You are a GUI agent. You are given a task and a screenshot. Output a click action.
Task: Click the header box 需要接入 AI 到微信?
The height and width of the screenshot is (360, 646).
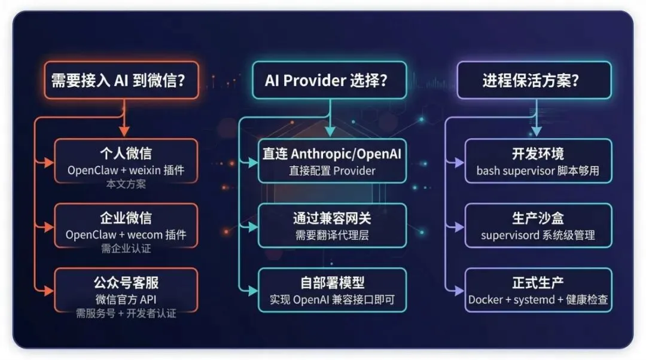(124, 80)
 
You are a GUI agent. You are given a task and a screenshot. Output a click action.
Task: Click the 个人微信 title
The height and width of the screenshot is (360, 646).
(126, 154)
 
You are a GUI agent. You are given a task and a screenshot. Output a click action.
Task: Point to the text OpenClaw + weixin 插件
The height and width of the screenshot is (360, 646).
(126, 170)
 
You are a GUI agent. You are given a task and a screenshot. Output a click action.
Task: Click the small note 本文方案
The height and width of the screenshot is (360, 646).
(126, 184)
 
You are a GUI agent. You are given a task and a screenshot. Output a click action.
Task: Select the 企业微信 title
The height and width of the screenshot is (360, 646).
(126, 218)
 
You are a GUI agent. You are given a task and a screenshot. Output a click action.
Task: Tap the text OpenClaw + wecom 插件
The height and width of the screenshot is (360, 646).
(126, 234)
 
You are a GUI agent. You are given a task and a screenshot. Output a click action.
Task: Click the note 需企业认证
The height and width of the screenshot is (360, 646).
(126, 248)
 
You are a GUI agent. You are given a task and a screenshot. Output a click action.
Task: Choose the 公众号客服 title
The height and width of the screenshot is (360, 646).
(126, 282)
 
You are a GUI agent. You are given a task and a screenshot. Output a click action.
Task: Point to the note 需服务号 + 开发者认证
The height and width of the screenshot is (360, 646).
(126, 313)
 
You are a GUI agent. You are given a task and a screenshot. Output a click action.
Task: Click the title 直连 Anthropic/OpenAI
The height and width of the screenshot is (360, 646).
(332, 154)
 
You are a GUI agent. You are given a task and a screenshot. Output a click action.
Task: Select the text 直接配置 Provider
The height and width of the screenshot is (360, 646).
(332, 171)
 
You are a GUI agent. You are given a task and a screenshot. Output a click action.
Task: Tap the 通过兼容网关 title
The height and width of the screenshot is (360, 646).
(332, 218)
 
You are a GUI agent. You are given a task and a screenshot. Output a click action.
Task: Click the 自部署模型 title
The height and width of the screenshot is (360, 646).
(332, 282)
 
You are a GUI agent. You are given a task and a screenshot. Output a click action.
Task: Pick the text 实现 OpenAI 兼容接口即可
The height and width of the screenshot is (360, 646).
(332, 299)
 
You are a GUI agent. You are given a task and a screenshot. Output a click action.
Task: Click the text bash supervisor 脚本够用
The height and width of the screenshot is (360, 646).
(538, 171)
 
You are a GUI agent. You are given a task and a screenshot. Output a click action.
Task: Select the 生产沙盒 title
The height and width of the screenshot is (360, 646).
(538, 218)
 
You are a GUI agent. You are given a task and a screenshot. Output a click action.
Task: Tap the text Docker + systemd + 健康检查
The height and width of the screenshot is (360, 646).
(538, 299)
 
